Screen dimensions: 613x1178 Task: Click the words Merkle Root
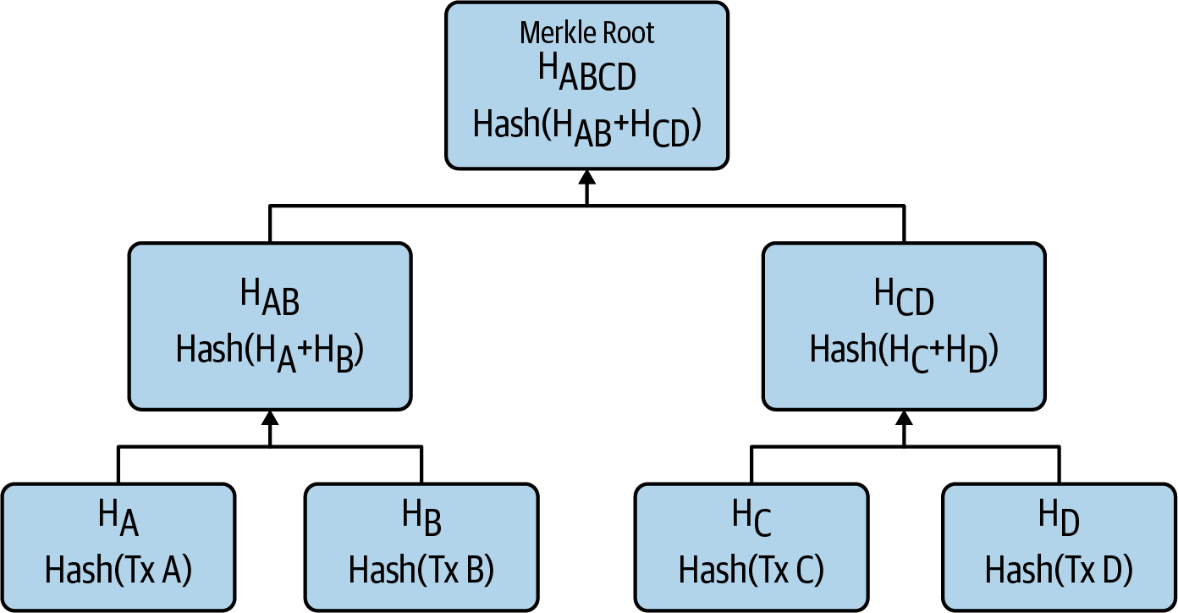586,33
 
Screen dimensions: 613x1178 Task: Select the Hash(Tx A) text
118,570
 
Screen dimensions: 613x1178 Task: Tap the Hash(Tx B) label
421,570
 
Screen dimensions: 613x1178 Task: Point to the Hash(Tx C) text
751,570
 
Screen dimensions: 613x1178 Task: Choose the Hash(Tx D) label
1059,570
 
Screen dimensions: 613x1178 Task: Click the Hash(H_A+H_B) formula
270,350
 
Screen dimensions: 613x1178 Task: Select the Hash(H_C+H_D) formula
905,350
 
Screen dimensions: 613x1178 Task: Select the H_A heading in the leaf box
118,518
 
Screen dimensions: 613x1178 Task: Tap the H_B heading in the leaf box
421,518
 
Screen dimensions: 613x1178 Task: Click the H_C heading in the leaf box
751,518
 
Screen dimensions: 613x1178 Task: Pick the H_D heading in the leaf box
1059,518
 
